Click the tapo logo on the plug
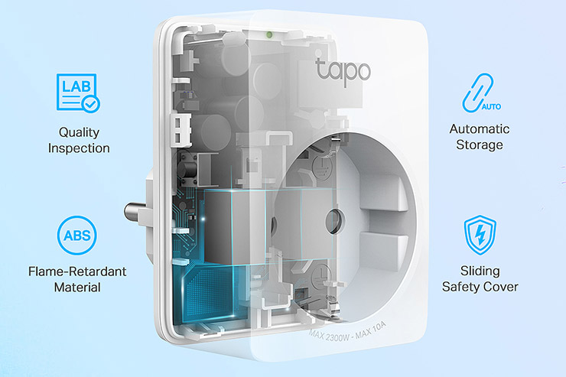coord(343,70)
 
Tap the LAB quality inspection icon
coord(79,93)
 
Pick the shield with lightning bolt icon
coord(480,235)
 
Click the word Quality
coord(79,132)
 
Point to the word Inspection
coord(79,148)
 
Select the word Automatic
coord(480,128)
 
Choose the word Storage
coord(480,145)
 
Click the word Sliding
coord(480,271)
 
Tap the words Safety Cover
coord(480,287)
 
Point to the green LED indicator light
coord(267,33)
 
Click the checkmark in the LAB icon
coord(90,101)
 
